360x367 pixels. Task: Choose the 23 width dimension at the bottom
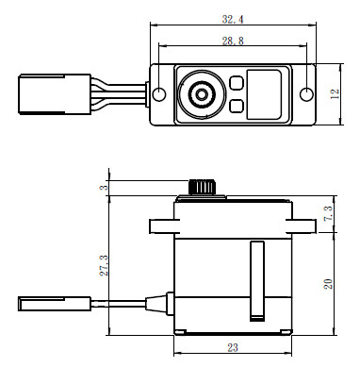[x=232, y=346]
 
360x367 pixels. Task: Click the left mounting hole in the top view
[x=159, y=94]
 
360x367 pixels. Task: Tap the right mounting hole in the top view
[x=304, y=94]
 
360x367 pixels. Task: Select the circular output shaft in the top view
[x=200, y=94]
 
